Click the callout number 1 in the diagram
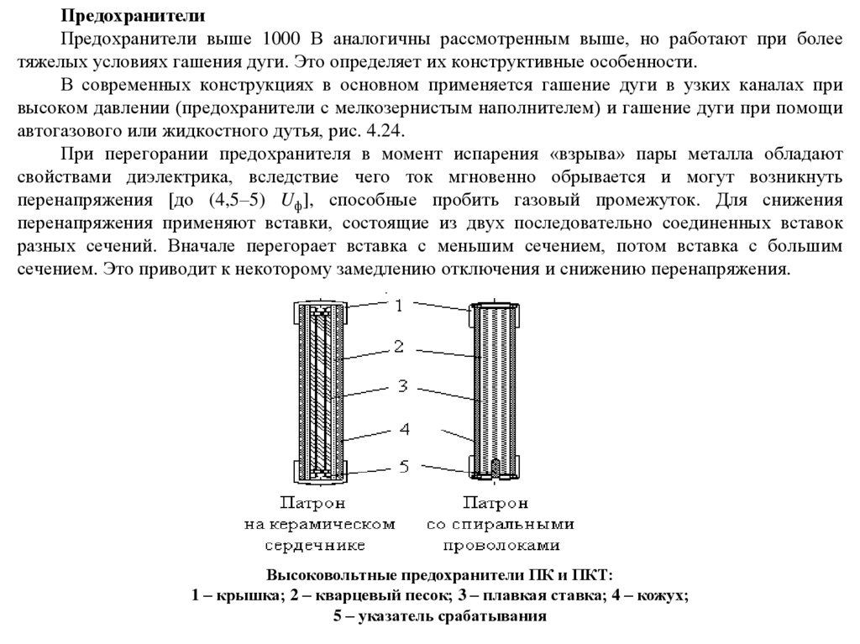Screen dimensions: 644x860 401,306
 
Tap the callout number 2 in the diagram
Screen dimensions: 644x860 401,346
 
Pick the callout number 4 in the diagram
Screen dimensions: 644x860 403,429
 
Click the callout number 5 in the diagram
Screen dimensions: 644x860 403,466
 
